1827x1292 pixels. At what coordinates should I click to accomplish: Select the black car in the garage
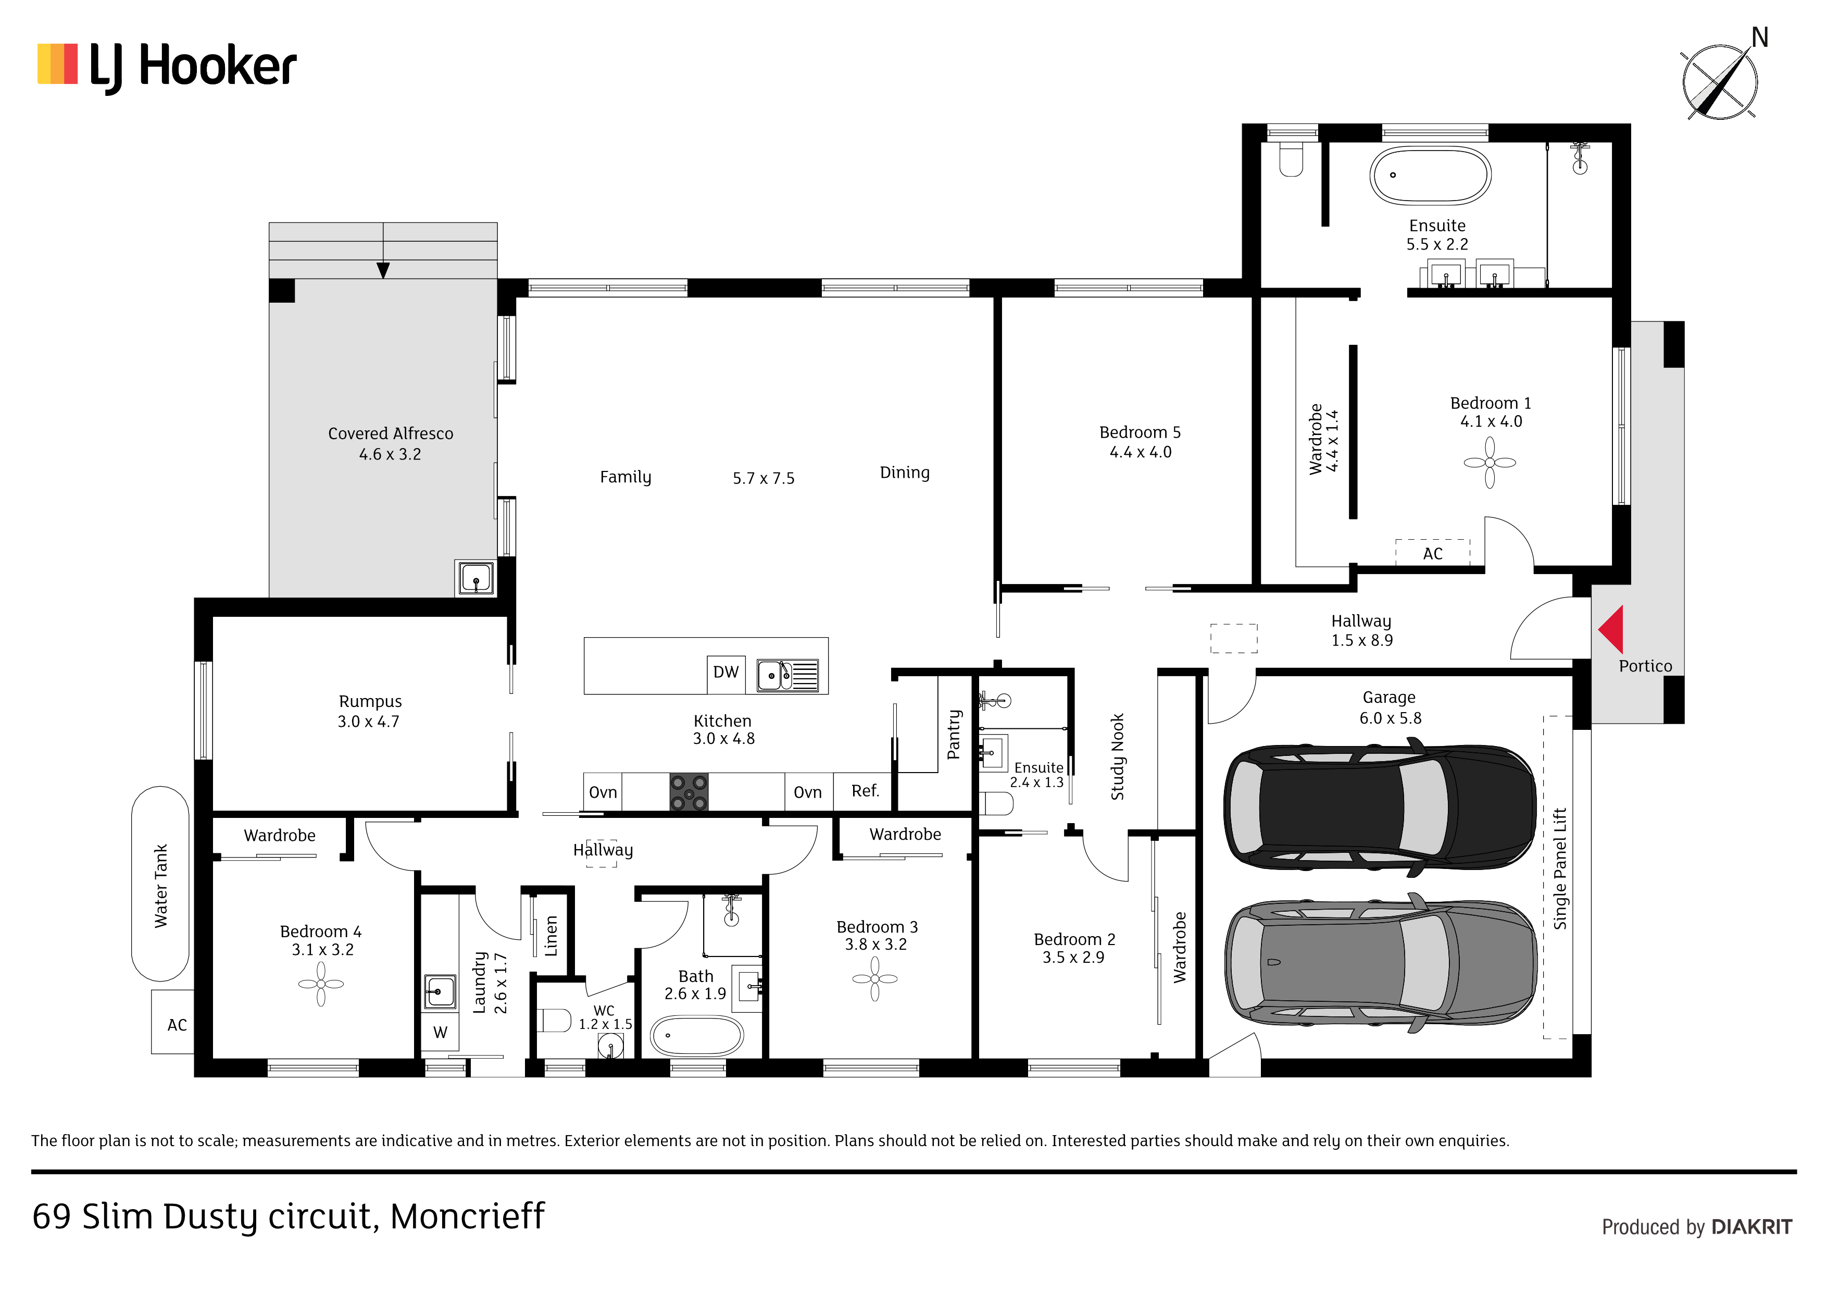click(1379, 806)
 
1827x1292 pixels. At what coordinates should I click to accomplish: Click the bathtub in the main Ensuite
click(1430, 175)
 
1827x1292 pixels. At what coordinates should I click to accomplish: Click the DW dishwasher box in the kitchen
click(725, 673)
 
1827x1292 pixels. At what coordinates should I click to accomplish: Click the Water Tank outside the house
click(161, 884)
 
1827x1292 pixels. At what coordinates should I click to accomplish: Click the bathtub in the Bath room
click(697, 1036)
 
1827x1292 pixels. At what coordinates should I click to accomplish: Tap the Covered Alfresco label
click(391, 434)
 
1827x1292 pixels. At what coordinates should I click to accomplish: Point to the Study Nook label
click(1117, 756)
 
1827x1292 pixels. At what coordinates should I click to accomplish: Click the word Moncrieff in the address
click(467, 1216)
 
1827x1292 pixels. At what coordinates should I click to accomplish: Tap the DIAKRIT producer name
click(1751, 1227)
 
